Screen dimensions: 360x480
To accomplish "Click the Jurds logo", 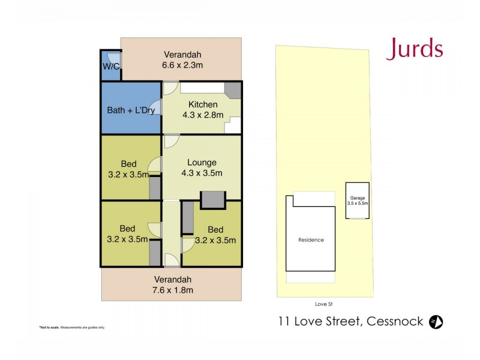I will (x=415, y=49).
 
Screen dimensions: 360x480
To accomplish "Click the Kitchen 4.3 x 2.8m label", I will (x=202, y=110).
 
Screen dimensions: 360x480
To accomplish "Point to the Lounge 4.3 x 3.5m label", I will (x=202, y=167).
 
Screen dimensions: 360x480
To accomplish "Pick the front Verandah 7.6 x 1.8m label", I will (x=173, y=284).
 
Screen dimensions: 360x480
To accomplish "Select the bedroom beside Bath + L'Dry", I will (x=127, y=168).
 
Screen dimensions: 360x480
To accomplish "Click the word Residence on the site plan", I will (x=311, y=240).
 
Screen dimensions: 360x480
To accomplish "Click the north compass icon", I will (x=436, y=322).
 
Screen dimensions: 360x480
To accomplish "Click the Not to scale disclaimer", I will (x=72, y=327).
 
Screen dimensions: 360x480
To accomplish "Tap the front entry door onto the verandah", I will (x=170, y=260).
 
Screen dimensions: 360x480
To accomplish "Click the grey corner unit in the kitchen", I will (x=233, y=89).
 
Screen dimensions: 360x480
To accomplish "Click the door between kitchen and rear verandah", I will (x=170, y=88).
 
